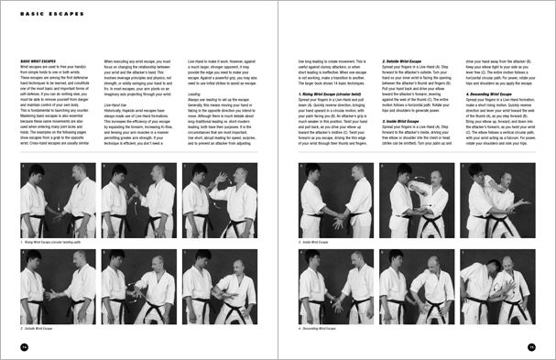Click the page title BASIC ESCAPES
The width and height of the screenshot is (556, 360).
pos(46,14)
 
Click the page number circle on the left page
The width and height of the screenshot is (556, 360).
pos(24,346)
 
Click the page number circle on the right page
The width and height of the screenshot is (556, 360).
pos(530,346)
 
